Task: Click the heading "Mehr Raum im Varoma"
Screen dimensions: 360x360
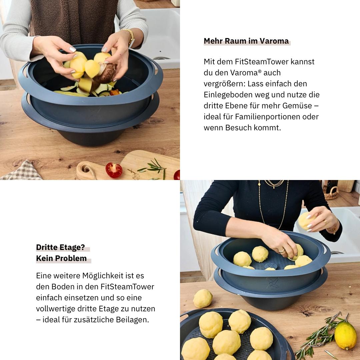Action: tap(246, 41)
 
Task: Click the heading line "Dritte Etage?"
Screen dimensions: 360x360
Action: tap(61, 247)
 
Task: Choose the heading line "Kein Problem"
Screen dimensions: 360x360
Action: tap(61, 258)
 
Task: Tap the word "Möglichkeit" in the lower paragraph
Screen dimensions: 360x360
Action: tap(101, 276)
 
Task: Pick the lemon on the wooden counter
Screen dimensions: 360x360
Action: tap(345, 336)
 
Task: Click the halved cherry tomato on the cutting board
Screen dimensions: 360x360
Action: tap(114, 170)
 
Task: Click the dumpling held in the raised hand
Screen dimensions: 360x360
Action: tap(306, 221)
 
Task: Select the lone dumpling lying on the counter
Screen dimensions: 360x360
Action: tap(203, 298)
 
